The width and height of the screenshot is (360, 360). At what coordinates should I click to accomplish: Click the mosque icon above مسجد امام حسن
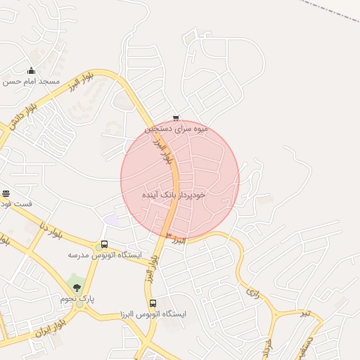pos(30,70)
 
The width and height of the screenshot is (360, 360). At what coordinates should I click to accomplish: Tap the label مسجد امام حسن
pos(31,82)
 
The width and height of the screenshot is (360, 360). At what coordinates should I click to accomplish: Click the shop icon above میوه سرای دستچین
pos(176,118)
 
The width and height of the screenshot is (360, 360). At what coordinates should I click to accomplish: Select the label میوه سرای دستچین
pos(176,129)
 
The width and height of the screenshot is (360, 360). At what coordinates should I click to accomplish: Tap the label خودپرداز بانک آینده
pos(173,193)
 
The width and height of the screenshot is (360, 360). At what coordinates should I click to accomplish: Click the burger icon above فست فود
pos(6,193)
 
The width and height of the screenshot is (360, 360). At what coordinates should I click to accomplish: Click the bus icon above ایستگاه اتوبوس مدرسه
pos(104,245)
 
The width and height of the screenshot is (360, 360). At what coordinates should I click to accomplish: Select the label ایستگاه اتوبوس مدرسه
pos(105,255)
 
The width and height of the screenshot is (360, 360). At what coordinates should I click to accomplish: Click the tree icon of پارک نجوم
pos(77,287)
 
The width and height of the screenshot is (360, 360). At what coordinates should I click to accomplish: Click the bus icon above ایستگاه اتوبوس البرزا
pos(153,303)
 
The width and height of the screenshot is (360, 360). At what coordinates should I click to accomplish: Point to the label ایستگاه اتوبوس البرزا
pos(153,314)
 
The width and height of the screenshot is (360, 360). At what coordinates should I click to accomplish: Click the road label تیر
pos(301,313)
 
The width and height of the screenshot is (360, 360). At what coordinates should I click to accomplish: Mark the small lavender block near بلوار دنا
pos(111,220)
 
